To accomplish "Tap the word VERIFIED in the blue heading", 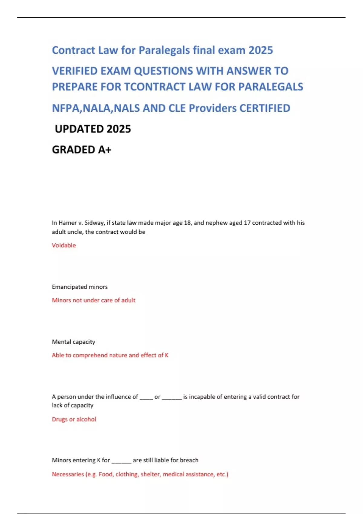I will [75, 71].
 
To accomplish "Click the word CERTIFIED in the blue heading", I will [265, 108].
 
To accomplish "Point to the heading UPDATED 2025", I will [93, 129].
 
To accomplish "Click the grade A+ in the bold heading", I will [104, 150].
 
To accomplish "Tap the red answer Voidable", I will [64, 245].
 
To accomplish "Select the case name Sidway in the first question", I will [94, 223].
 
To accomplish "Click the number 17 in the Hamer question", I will [247, 223].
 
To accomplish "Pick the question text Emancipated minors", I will [80, 287].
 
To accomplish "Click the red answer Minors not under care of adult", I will [93, 300].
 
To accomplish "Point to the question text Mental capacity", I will [74, 342].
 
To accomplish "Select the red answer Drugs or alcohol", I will [74, 419].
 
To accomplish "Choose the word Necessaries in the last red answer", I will [68, 474].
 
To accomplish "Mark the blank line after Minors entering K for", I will [121, 461].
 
